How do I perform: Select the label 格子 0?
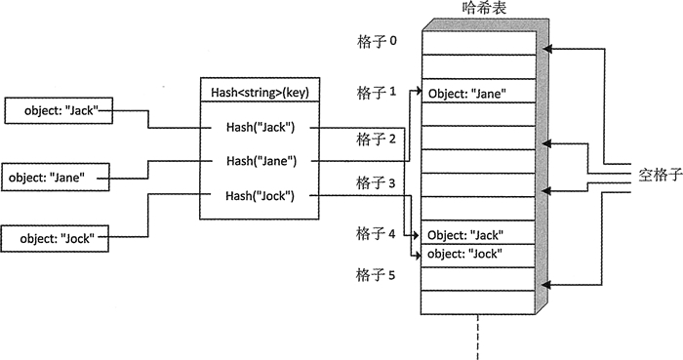point(376,43)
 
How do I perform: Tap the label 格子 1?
point(376,93)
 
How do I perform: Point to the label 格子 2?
point(376,139)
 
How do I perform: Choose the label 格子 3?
point(376,182)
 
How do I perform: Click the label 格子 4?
point(376,233)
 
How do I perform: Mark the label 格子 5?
point(376,275)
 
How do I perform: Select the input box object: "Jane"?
point(58,178)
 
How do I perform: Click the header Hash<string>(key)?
point(260,94)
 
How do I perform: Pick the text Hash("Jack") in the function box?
point(260,128)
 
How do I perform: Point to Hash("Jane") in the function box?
point(260,161)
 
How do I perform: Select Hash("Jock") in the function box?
point(260,195)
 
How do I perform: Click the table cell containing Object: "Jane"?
point(478,95)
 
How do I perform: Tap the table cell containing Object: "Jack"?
point(478,235)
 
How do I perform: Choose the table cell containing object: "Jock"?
point(478,254)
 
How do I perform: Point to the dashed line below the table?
point(479,337)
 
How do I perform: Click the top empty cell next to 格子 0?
point(478,42)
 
